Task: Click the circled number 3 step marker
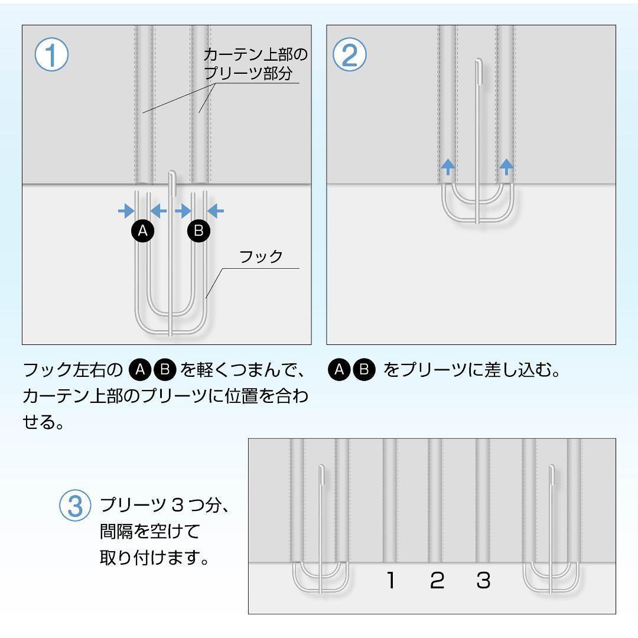[74, 507]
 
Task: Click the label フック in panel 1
[261, 257]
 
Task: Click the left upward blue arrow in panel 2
[448, 167]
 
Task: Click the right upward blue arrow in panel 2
[506, 167]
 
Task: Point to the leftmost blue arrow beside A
[125, 210]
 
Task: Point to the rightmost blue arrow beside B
[216, 210]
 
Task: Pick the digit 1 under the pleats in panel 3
[390, 581]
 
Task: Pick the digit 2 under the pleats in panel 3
[437, 581]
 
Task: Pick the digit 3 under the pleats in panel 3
[483, 581]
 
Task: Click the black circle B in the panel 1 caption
[165, 370]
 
